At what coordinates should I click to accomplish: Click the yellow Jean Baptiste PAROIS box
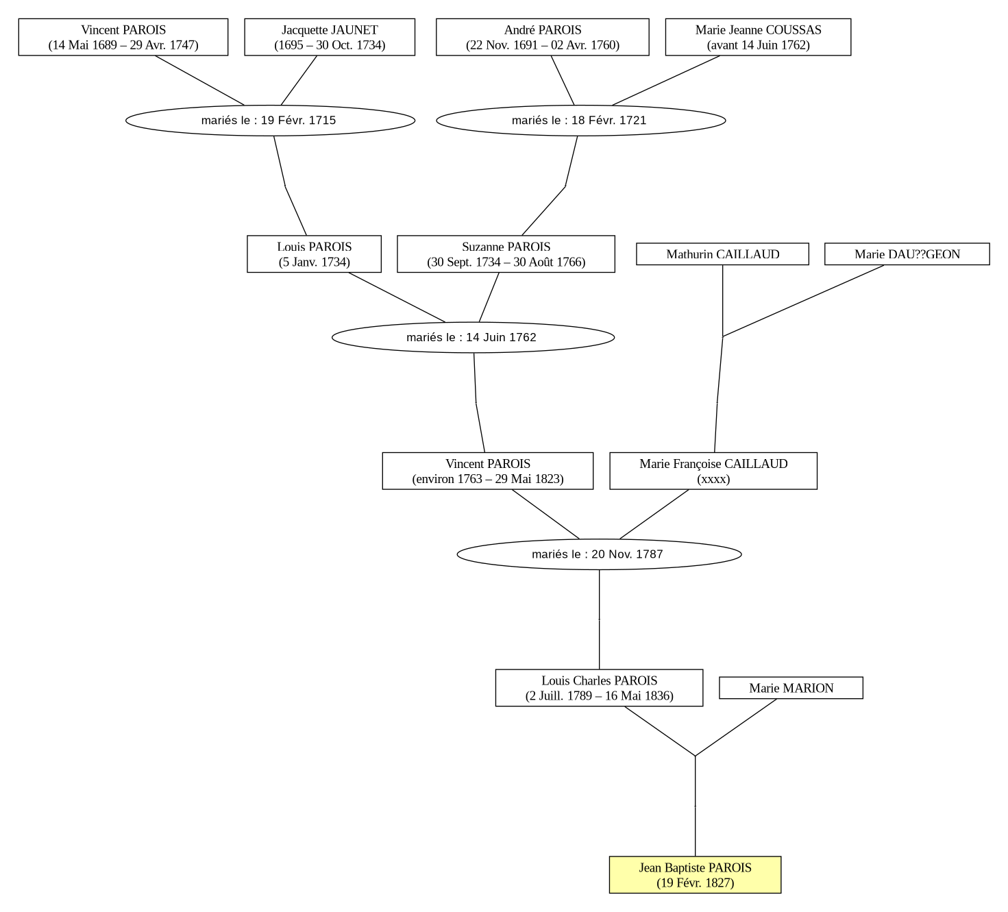[x=695, y=875]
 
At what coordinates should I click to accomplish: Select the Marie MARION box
[x=791, y=688]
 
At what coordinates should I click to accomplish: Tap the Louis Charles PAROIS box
[x=599, y=688]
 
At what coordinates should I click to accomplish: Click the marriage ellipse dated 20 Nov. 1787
[x=599, y=554]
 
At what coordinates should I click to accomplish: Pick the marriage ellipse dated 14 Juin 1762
[x=473, y=337]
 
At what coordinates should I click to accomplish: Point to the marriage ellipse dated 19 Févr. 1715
[x=271, y=121]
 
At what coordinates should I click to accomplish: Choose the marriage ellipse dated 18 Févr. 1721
[x=581, y=121]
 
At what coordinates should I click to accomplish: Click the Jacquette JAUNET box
[x=330, y=37]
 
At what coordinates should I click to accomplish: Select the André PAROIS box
[x=543, y=37]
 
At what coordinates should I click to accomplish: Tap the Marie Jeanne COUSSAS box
[x=759, y=37]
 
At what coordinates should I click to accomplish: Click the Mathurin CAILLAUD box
[x=722, y=254]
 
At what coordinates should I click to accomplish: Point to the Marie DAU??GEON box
[x=907, y=254]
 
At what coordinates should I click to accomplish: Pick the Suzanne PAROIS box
[x=506, y=254]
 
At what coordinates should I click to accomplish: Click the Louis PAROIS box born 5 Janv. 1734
[x=314, y=254]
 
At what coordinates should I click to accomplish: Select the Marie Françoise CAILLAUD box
[x=713, y=471]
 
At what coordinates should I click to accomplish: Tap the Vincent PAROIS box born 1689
[x=123, y=37]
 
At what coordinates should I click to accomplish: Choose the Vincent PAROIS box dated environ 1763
[x=488, y=471]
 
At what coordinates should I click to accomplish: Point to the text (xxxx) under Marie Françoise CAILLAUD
[x=713, y=479]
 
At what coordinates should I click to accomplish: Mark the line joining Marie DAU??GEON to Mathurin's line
[x=804, y=301]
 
